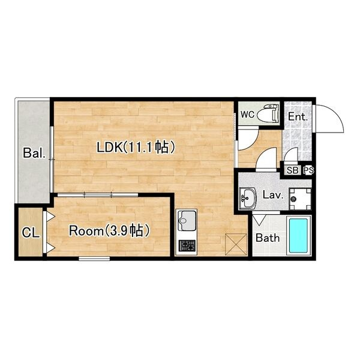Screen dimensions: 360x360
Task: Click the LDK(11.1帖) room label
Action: [136, 148]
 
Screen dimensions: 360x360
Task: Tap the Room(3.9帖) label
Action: [109, 231]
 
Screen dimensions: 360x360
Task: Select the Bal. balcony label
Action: [34, 152]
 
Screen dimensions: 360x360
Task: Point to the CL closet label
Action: [31, 233]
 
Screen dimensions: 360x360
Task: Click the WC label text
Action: [248, 115]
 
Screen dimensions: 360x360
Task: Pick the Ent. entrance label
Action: [298, 116]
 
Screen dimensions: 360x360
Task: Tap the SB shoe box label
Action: [293, 170]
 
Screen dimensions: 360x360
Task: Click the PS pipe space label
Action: [308, 170]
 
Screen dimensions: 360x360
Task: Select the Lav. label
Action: [272, 196]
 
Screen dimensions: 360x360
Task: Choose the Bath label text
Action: [268, 238]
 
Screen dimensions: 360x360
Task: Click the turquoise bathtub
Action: [298, 236]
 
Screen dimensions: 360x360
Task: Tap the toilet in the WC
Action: [268, 113]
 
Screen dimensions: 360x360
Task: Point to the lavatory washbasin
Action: [247, 198]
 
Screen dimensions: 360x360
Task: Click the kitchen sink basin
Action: [188, 221]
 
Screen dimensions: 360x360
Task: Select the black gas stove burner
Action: [187, 245]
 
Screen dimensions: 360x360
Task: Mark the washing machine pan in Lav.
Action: [301, 199]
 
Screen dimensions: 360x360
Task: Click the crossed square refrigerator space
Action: [236, 244]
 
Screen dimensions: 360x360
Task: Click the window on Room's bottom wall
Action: [94, 259]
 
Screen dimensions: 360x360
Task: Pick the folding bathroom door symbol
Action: [259, 220]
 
